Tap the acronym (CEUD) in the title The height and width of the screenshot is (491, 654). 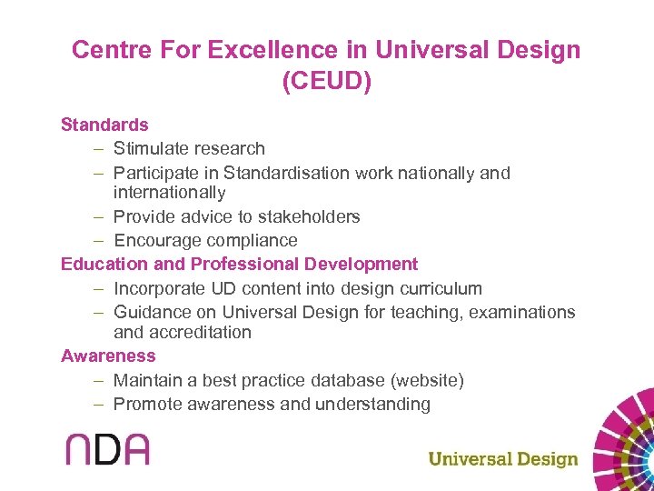326,82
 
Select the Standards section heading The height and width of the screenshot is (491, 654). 104,125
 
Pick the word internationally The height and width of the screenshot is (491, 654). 169,193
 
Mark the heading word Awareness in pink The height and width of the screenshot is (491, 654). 108,356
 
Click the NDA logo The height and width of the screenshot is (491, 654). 107,449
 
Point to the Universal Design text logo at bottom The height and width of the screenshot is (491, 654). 502,458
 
